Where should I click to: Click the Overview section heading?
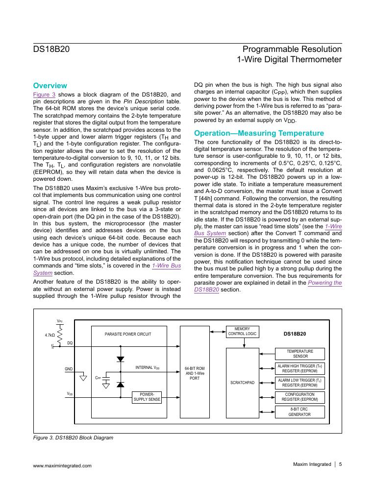point(50,85)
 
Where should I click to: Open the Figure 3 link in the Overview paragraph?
point(44,95)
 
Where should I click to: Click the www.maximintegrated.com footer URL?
point(62,466)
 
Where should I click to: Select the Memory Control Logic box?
point(242,331)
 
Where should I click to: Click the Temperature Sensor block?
point(300,353)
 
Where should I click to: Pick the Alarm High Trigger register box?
point(300,368)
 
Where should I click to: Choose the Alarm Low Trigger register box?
point(300,383)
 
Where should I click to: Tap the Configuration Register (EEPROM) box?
point(300,397)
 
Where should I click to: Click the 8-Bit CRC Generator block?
point(300,412)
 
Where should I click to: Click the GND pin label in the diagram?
point(68,368)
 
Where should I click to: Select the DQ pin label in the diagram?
point(70,343)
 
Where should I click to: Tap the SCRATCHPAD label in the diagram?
point(242,382)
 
